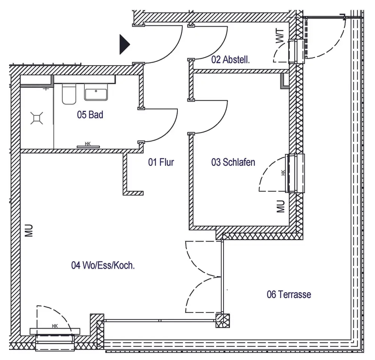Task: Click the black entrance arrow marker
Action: (124, 44)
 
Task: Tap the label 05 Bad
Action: (90, 115)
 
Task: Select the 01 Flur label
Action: (161, 162)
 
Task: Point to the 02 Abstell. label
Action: (231, 60)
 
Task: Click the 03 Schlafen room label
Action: (233, 162)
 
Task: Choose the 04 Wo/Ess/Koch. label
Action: (103, 265)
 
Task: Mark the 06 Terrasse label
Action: (289, 294)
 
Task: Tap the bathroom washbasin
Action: (96, 92)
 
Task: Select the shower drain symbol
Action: (37, 118)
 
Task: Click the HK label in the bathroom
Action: (88, 143)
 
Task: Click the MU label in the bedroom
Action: (281, 206)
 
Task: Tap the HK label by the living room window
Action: (55, 326)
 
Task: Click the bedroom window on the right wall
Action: (296, 173)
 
